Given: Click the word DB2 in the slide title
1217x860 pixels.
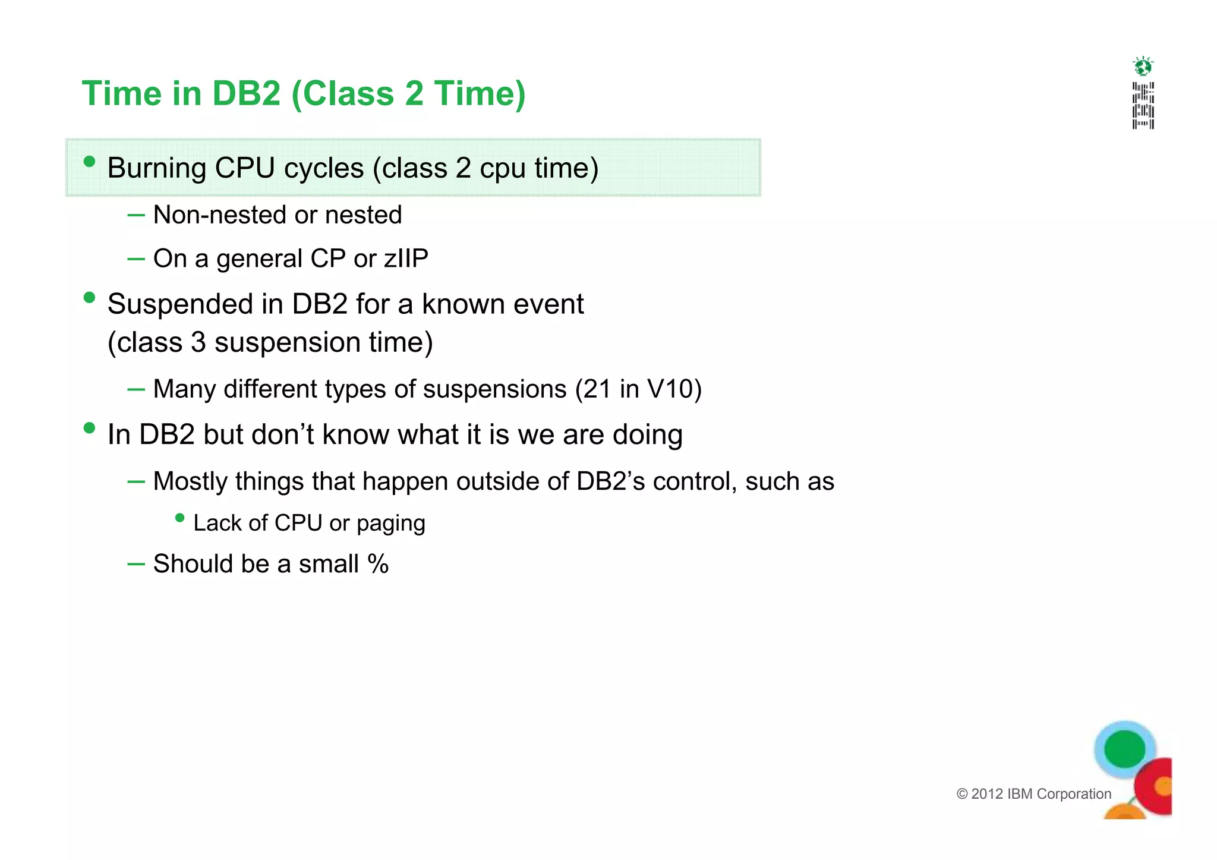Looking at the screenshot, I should point(246,94).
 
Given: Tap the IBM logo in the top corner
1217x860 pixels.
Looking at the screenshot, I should point(1143,106).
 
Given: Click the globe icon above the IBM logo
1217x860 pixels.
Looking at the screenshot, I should point(1143,66).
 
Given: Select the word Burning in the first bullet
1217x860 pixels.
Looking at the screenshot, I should point(156,168).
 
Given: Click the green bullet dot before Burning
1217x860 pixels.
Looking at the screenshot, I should point(90,162).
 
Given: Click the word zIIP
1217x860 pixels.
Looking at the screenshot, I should point(406,259).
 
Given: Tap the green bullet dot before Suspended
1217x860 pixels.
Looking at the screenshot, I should point(90,297).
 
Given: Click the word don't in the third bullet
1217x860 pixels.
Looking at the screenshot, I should point(282,434).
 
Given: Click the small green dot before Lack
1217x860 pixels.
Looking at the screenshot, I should point(180,518).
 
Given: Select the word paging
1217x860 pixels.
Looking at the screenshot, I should point(391,524).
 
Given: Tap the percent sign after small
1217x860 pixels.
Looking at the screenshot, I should point(378,564).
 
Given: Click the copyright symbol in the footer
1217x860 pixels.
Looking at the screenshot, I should point(962,794).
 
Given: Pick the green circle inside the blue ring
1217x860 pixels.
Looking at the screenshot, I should point(1124,749).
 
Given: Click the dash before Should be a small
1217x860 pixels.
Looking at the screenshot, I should point(136,564).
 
